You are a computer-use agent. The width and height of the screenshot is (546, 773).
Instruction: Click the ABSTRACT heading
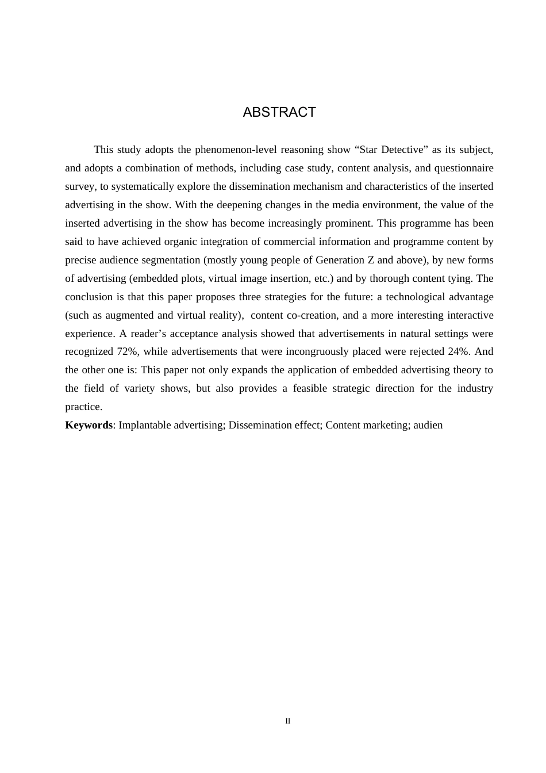(x=279, y=112)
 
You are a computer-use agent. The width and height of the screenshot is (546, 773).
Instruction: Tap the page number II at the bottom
(x=288, y=721)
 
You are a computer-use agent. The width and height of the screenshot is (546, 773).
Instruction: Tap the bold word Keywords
(x=89, y=425)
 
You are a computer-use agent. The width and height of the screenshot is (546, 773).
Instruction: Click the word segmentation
(x=173, y=260)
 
